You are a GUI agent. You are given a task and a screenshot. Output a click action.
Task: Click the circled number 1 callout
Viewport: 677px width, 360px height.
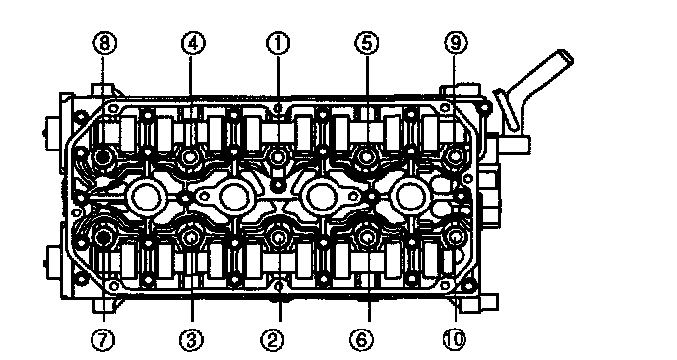click(278, 43)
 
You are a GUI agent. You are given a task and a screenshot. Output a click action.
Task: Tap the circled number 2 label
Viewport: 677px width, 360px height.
click(273, 340)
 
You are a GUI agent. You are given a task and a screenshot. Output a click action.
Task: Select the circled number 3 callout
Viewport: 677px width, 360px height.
click(191, 340)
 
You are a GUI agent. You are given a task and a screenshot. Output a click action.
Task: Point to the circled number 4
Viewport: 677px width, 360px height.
click(193, 43)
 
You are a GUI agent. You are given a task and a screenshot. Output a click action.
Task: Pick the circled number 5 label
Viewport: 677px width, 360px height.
click(367, 43)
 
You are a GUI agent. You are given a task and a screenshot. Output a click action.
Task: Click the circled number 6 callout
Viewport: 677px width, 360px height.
click(362, 340)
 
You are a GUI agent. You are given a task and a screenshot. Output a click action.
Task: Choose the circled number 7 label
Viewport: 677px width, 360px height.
click(103, 340)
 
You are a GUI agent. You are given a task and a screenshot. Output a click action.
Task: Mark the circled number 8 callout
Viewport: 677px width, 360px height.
click(105, 43)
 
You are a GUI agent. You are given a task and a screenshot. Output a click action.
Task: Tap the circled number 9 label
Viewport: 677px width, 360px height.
click(456, 43)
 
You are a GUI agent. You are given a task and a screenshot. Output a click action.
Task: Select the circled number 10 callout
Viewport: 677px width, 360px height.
click(455, 340)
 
